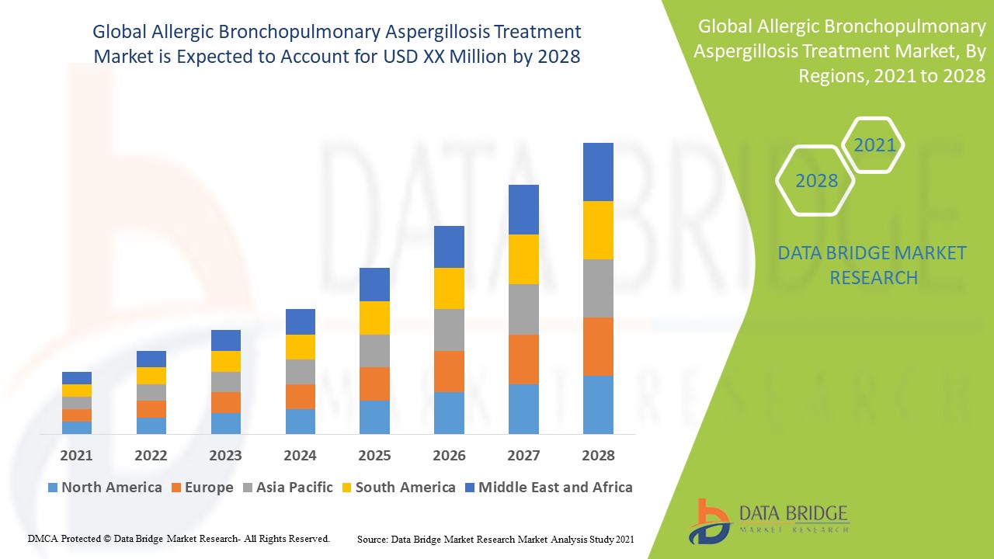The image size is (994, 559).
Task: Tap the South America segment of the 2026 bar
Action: [449, 288]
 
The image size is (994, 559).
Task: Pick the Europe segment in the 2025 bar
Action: [374, 384]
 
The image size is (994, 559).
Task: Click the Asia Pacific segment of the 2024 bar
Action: [301, 371]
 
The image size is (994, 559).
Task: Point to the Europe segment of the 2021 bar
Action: [77, 415]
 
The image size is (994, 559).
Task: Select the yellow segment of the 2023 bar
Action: [226, 361]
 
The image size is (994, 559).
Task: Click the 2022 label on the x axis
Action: [151, 456]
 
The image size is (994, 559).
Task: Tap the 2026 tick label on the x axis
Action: [449, 456]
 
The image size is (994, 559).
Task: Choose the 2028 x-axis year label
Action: [598, 456]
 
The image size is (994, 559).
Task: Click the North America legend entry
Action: [105, 488]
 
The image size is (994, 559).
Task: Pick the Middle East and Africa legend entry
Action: [547, 488]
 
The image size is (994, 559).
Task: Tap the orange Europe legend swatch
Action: [177, 488]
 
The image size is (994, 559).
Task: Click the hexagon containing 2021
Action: [874, 145]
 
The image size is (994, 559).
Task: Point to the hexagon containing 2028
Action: [816, 181]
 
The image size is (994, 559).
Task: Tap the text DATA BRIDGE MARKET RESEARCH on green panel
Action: [872, 266]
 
